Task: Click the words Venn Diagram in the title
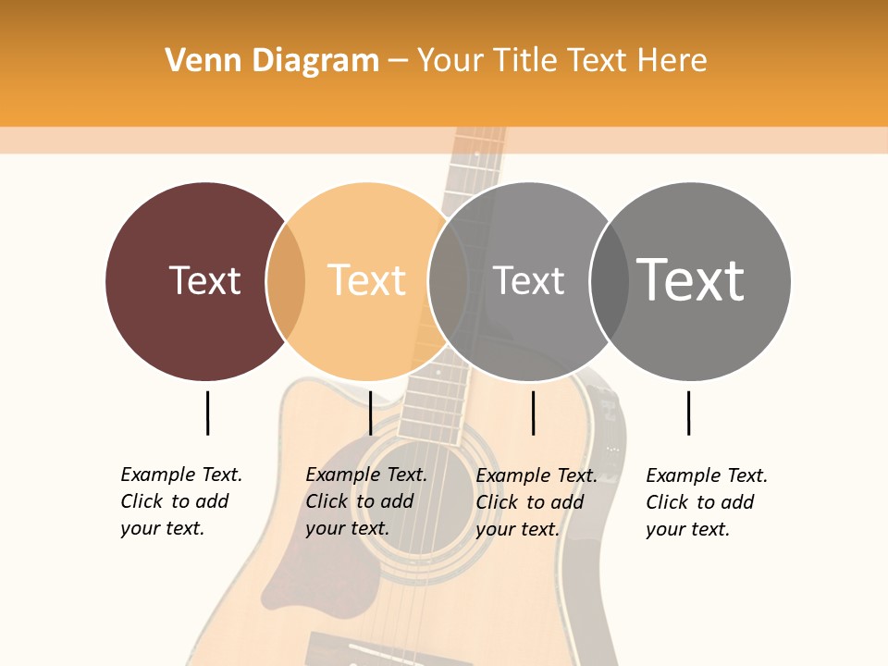pyautogui.click(x=272, y=61)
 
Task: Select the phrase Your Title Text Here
pyautogui.click(x=561, y=61)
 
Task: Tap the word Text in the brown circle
pyautogui.click(x=204, y=280)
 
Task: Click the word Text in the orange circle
pyautogui.click(x=367, y=280)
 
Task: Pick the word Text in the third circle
pyautogui.click(x=528, y=280)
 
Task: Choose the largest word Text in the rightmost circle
pyautogui.click(x=691, y=279)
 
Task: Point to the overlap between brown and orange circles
pyautogui.click(x=286, y=281)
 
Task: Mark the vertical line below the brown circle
pyautogui.click(x=207, y=413)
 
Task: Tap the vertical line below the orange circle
pyautogui.click(x=370, y=413)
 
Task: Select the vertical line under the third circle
pyautogui.click(x=533, y=413)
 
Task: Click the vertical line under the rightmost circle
pyautogui.click(x=688, y=413)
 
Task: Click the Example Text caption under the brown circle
pyautogui.click(x=181, y=501)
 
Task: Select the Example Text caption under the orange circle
pyautogui.click(x=366, y=501)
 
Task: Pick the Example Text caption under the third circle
pyautogui.click(x=536, y=502)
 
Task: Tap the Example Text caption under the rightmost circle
pyautogui.click(x=707, y=502)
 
